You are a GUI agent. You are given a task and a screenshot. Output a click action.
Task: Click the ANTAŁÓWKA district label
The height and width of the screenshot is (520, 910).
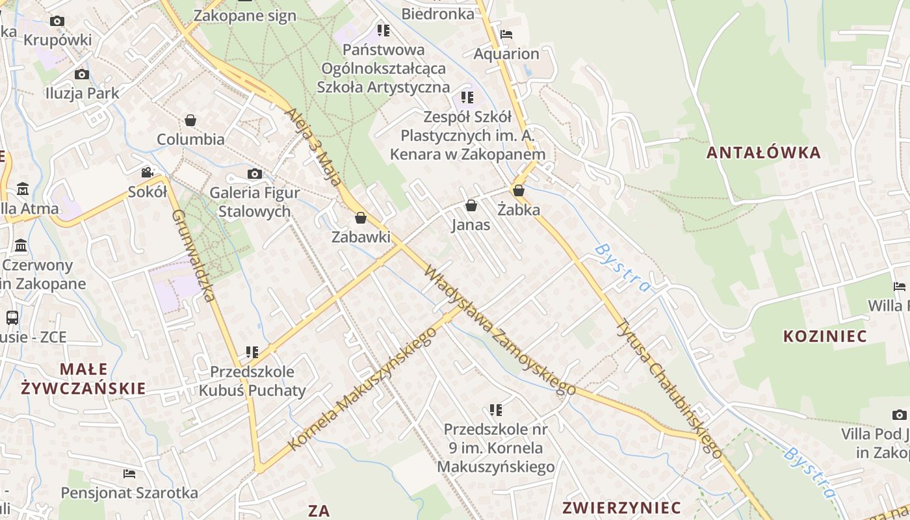coord(764,153)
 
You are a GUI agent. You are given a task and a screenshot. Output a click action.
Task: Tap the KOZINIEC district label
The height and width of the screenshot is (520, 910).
coord(825,336)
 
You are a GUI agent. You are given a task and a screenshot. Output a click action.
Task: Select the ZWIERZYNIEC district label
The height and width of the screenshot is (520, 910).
coord(622,507)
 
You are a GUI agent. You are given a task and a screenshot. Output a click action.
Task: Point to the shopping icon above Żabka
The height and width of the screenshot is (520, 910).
coord(519,190)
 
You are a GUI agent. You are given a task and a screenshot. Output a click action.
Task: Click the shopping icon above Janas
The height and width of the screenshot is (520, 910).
coord(471,205)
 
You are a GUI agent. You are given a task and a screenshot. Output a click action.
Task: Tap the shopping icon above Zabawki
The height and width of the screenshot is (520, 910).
coord(361,218)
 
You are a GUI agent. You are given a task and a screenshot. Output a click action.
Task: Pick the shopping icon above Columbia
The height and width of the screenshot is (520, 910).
coord(190,120)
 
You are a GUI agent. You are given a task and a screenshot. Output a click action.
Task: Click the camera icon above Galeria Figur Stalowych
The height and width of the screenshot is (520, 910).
coord(255,174)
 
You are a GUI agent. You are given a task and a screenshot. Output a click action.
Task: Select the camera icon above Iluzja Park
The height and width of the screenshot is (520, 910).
coord(82,74)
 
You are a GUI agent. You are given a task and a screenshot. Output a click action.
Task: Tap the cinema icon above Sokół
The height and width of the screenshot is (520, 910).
coord(148,172)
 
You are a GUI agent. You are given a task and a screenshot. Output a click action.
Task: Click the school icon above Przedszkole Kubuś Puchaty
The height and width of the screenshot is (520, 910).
coord(252,352)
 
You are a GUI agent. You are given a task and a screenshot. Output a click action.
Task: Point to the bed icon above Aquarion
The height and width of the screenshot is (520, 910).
coord(506,34)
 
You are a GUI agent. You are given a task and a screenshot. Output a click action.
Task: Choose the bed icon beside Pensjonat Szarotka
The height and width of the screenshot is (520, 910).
coord(129,474)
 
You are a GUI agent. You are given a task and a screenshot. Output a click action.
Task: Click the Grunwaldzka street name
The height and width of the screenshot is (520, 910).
coord(193,255)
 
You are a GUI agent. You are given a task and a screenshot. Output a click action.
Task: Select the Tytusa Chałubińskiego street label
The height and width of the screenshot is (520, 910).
coord(669,388)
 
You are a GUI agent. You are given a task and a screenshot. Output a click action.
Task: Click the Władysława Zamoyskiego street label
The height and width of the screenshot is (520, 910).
coord(499,330)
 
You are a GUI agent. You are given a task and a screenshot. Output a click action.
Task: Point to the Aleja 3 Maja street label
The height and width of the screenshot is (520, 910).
coord(313,147)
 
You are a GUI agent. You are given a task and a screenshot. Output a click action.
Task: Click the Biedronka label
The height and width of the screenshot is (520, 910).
coord(437,14)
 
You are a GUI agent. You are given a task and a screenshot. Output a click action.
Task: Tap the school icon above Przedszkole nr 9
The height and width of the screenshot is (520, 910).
coord(496,409)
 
